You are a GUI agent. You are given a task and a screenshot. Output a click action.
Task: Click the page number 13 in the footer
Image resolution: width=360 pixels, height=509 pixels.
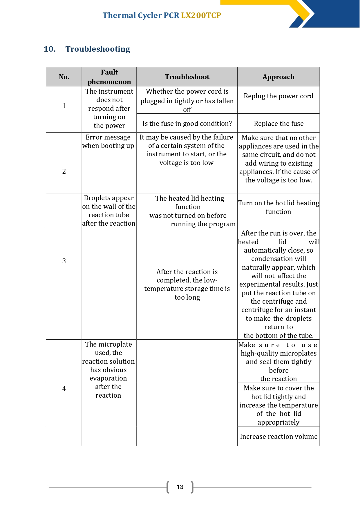pos(180,487)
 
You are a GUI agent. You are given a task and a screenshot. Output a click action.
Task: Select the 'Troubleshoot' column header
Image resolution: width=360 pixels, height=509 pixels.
pos(187,77)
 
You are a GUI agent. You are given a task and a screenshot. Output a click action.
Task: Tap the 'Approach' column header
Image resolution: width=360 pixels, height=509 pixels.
pos(278,77)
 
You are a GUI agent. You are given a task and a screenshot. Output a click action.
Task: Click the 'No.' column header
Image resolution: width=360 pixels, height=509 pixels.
pos(64,77)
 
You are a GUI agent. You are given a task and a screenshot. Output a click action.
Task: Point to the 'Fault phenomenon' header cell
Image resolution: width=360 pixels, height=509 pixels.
pos(109,77)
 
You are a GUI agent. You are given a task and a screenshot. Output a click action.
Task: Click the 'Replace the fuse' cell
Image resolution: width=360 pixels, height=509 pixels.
pos(278,124)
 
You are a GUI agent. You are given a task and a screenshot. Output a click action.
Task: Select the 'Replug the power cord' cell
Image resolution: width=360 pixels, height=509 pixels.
pos(278,96)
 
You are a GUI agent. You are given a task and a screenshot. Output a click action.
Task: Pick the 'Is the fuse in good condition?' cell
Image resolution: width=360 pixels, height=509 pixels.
pos(187,124)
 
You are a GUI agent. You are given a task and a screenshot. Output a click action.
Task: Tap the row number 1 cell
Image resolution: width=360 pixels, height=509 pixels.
pos(64,106)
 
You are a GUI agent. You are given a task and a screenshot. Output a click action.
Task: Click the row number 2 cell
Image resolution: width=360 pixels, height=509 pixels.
pos(64,171)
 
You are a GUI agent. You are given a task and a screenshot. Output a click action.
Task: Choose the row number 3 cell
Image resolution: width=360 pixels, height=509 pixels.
pos(64,261)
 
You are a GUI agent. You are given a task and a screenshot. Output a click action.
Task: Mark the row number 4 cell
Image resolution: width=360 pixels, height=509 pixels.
pos(64,389)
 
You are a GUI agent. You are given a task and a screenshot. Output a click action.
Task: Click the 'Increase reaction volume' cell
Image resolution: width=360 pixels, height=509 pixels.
pos(278,436)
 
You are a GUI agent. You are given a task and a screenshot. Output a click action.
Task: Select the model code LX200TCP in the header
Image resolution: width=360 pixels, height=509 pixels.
pos(201,15)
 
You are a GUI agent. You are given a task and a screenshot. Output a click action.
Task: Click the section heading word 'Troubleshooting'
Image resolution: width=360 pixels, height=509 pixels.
pos(98,49)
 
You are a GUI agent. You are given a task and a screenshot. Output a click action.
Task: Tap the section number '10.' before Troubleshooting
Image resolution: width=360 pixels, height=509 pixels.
pos(50,49)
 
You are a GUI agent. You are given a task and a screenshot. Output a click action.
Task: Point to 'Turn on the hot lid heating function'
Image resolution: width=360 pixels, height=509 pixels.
pos(278,207)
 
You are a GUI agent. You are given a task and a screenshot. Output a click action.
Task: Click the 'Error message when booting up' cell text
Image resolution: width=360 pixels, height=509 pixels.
pos(108,142)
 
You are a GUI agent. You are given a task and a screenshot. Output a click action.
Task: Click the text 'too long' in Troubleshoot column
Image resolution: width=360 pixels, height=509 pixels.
pos(187,297)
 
